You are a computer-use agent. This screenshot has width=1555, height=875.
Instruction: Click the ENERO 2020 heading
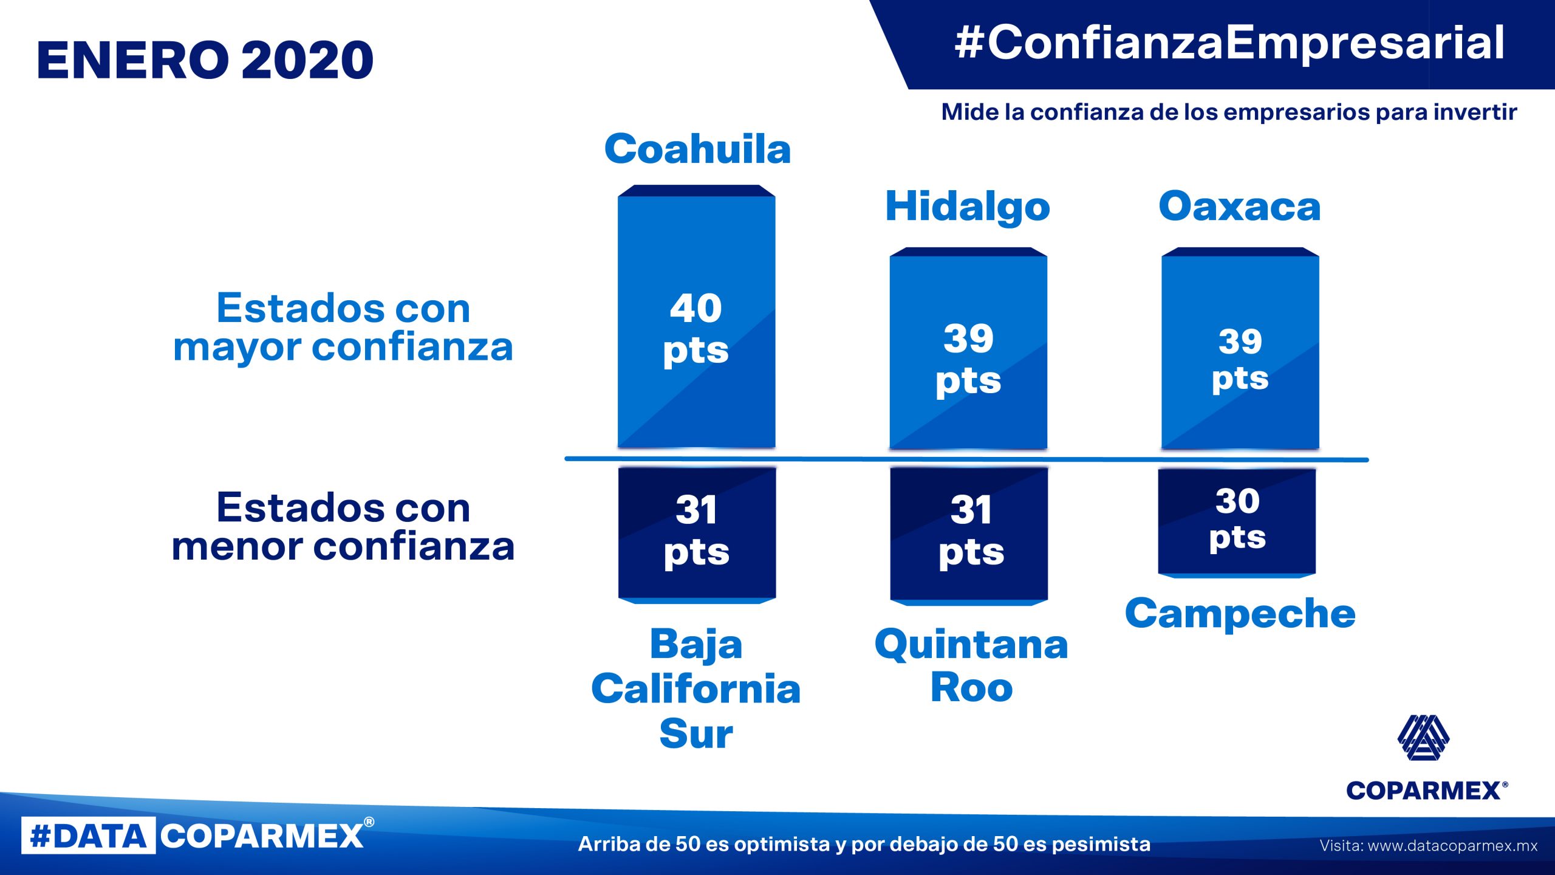[x=205, y=60]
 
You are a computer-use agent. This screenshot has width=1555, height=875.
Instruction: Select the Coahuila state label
[x=697, y=149]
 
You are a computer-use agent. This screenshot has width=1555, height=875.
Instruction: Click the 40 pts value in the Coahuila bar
[x=696, y=329]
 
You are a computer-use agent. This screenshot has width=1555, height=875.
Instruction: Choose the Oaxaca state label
[x=1240, y=206]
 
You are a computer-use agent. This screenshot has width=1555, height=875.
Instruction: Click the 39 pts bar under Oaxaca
[x=1240, y=349]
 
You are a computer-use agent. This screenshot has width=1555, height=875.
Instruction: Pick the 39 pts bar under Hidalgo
[x=968, y=349]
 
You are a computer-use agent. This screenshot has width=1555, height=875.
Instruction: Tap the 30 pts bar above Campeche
[x=1237, y=523]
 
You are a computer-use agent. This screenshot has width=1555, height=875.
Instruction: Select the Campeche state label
[x=1240, y=614]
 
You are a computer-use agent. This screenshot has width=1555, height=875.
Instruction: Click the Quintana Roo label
[x=971, y=665]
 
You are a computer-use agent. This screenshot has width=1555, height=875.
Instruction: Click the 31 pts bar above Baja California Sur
[x=697, y=535]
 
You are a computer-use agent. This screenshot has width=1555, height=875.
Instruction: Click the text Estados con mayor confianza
[x=343, y=328]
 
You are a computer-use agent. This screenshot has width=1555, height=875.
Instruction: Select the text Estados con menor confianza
[x=343, y=526]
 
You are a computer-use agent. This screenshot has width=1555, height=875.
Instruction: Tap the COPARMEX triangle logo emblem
[x=1423, y=737]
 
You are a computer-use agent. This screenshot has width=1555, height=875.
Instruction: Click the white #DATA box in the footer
[x=89, y=836]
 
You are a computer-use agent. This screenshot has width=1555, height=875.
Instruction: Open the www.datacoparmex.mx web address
[x=1452, y=845]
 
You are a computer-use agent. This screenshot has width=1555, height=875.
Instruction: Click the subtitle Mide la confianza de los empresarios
[x=1229, y=112]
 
